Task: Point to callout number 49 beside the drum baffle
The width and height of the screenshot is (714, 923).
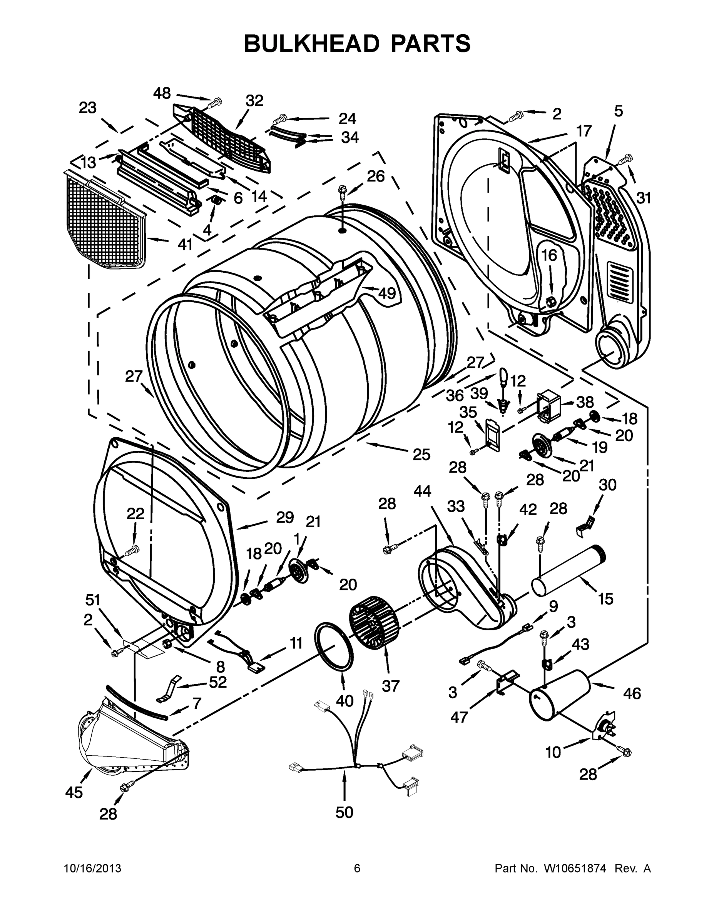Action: pyautogui.click(x=386, y=292)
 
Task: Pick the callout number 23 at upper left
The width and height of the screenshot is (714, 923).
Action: pyautogui.click(x=87, y=108)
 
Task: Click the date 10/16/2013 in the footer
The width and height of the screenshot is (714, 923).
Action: pyautogui.click(x=92, y=868)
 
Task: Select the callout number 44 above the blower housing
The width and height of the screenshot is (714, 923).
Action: pyautogui.click(x=422, y=491)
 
